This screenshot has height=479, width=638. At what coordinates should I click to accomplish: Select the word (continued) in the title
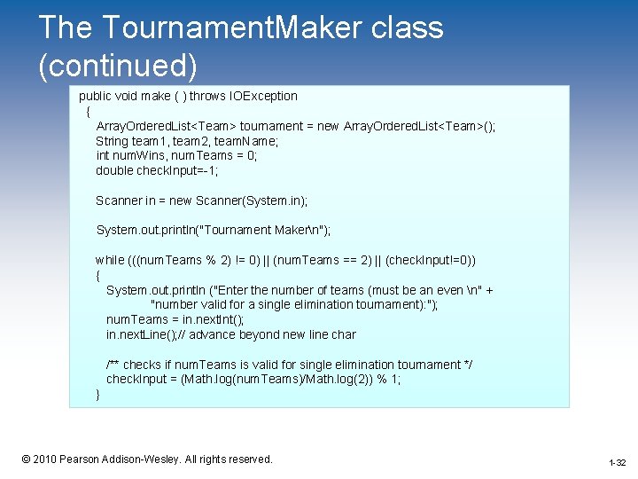tap(118, 67)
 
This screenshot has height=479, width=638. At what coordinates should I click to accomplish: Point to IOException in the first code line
tap(264, 96)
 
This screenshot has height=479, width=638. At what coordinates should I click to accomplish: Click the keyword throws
tap(207, 96)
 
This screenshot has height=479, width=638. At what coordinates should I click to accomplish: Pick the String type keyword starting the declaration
tap(112, 140)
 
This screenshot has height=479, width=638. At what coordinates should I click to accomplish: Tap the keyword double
tap(115, 170)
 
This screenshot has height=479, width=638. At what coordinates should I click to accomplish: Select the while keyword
tap(110, 260)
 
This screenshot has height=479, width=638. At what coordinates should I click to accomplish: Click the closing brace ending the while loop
tap(98, 395)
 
